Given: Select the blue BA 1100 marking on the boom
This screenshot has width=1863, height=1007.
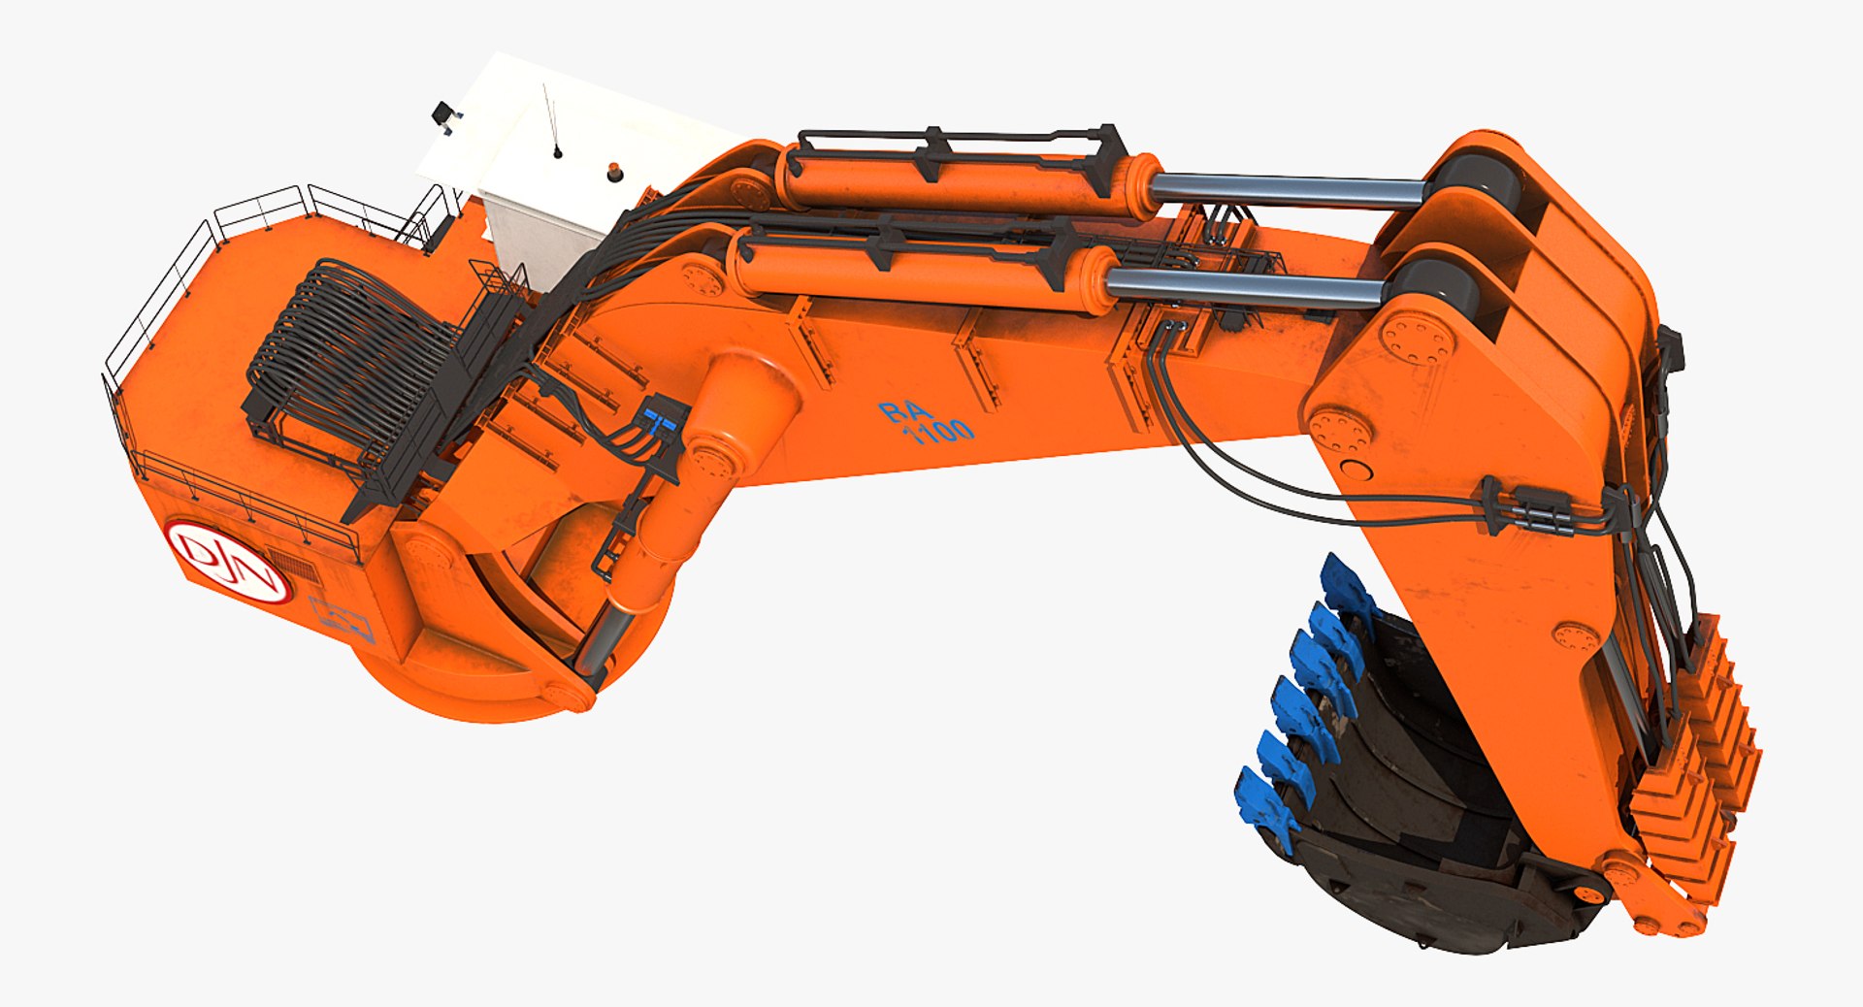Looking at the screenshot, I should (x=926, y=422).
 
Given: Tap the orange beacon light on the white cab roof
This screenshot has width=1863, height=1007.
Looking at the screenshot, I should (x=614, y=174).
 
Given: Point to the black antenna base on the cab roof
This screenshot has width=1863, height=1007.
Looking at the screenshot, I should (x=558, y=151).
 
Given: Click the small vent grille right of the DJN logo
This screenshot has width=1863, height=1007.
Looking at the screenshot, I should (x=293, y=566).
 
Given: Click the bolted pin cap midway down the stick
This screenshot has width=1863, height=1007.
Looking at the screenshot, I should (x=1576, y=637).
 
